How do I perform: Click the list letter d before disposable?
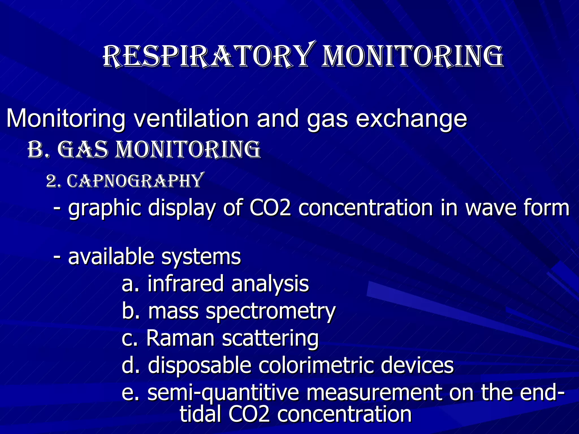129,365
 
